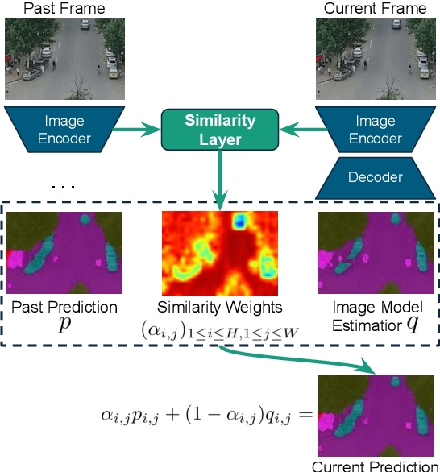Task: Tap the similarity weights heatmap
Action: tap(220, 252)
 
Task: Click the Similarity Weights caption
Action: tap(220, 308)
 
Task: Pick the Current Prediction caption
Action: tap(375, 466)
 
